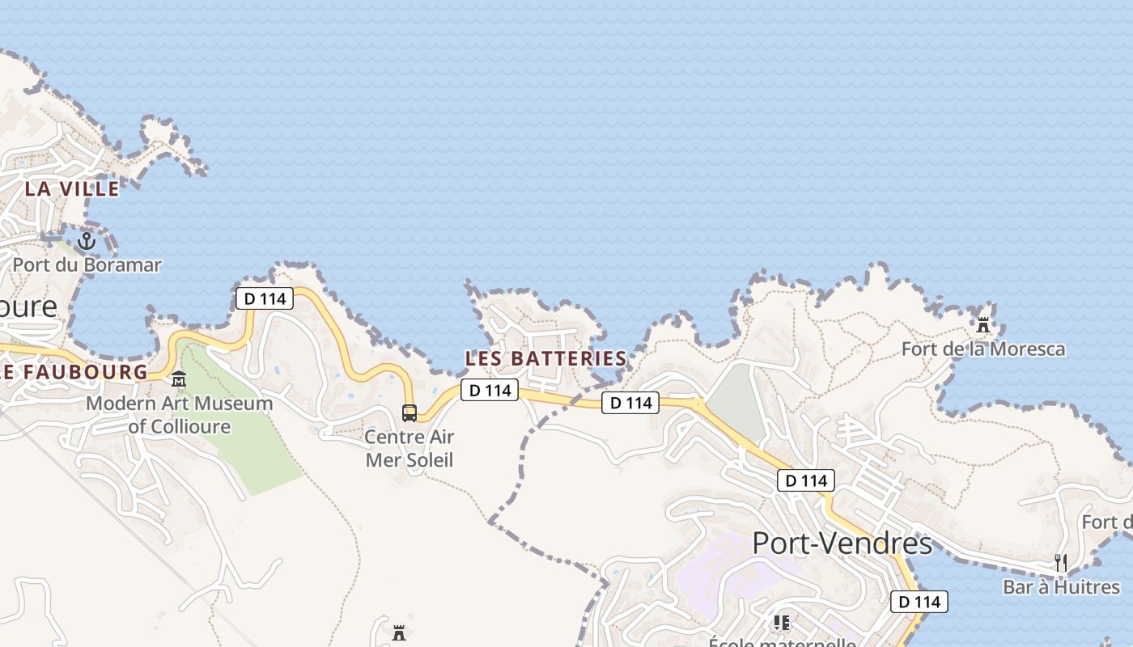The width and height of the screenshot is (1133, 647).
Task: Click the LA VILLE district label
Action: tap(72, 189)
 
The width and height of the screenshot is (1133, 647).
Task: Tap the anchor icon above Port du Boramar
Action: tap(87, 241)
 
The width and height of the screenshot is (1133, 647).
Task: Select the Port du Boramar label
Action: tap(87, 264)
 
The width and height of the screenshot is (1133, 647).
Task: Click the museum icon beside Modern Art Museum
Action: tap(179, 378)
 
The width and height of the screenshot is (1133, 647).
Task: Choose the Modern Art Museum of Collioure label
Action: tap(180, 414)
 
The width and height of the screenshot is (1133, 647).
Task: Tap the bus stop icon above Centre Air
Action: tap(409, 413)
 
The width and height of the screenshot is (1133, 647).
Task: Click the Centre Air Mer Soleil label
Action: tap(409, 448)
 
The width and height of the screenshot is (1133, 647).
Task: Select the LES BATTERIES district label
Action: tap(546, 358)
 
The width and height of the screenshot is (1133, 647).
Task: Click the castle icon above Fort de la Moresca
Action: tap(983, 325)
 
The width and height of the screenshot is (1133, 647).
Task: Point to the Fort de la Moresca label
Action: tap(983, 349)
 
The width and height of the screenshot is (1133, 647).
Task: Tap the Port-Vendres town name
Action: tap(842, 543)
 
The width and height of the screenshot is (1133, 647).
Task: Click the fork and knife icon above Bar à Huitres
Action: tap(1061, 562)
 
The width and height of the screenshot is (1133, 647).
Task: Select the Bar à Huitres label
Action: tap(1061, 586)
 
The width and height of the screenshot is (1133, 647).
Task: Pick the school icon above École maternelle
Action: tap(782, 622)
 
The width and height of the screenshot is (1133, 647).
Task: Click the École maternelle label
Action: tap(782, 642)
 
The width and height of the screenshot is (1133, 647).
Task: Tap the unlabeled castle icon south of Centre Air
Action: tap(399, 632)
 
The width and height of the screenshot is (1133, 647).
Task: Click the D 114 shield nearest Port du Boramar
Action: tap(265, 298)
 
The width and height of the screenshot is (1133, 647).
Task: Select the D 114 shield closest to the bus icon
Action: tap(490, 391)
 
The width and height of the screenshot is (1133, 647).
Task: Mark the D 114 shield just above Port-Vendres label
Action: tap(806, 480)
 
